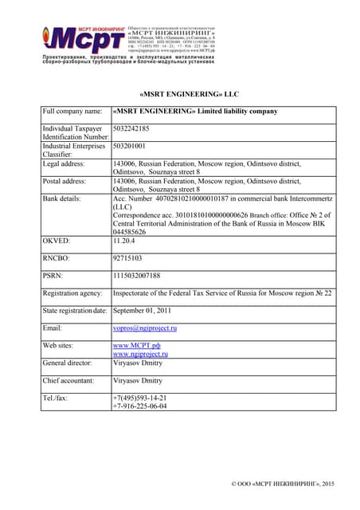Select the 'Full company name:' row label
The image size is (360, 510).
[72, 112]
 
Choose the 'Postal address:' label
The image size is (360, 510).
[68, 182]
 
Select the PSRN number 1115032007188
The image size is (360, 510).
[137, 276]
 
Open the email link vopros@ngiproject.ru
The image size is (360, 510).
[145, 328]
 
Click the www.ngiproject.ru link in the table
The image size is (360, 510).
[140, 354]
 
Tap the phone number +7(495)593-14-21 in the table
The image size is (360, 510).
[139, 398]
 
